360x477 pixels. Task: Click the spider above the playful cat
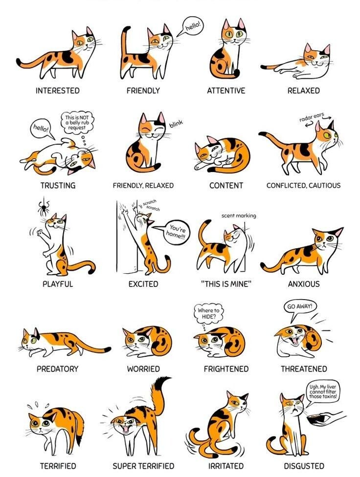(44, 208)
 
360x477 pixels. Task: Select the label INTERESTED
(58, 90)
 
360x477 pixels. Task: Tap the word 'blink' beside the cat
(176, 124)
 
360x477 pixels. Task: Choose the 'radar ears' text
(312, 117)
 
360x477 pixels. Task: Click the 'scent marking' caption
(239, 216)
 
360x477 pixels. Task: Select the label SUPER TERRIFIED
(143, 466)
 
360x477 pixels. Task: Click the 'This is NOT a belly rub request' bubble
(77, 122)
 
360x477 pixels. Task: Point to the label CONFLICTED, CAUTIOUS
(304, 186)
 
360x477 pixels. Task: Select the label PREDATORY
(58, 369)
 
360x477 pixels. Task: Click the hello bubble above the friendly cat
(193, 26)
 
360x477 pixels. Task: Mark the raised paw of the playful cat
(40, 233)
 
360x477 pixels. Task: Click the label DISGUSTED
(304, 466)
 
